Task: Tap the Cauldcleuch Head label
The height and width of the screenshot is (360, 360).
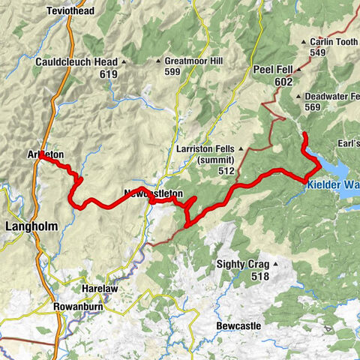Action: (76, 62)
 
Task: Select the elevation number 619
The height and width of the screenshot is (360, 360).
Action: (108, 74)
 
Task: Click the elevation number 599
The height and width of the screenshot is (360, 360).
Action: (173, 71)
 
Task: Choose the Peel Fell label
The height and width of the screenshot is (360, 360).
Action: (272, 70)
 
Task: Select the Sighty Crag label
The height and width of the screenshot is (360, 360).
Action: (241, 264)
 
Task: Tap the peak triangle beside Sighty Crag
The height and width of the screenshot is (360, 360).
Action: (276, 264)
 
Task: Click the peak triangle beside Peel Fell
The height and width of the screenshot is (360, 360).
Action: (299, 70)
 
